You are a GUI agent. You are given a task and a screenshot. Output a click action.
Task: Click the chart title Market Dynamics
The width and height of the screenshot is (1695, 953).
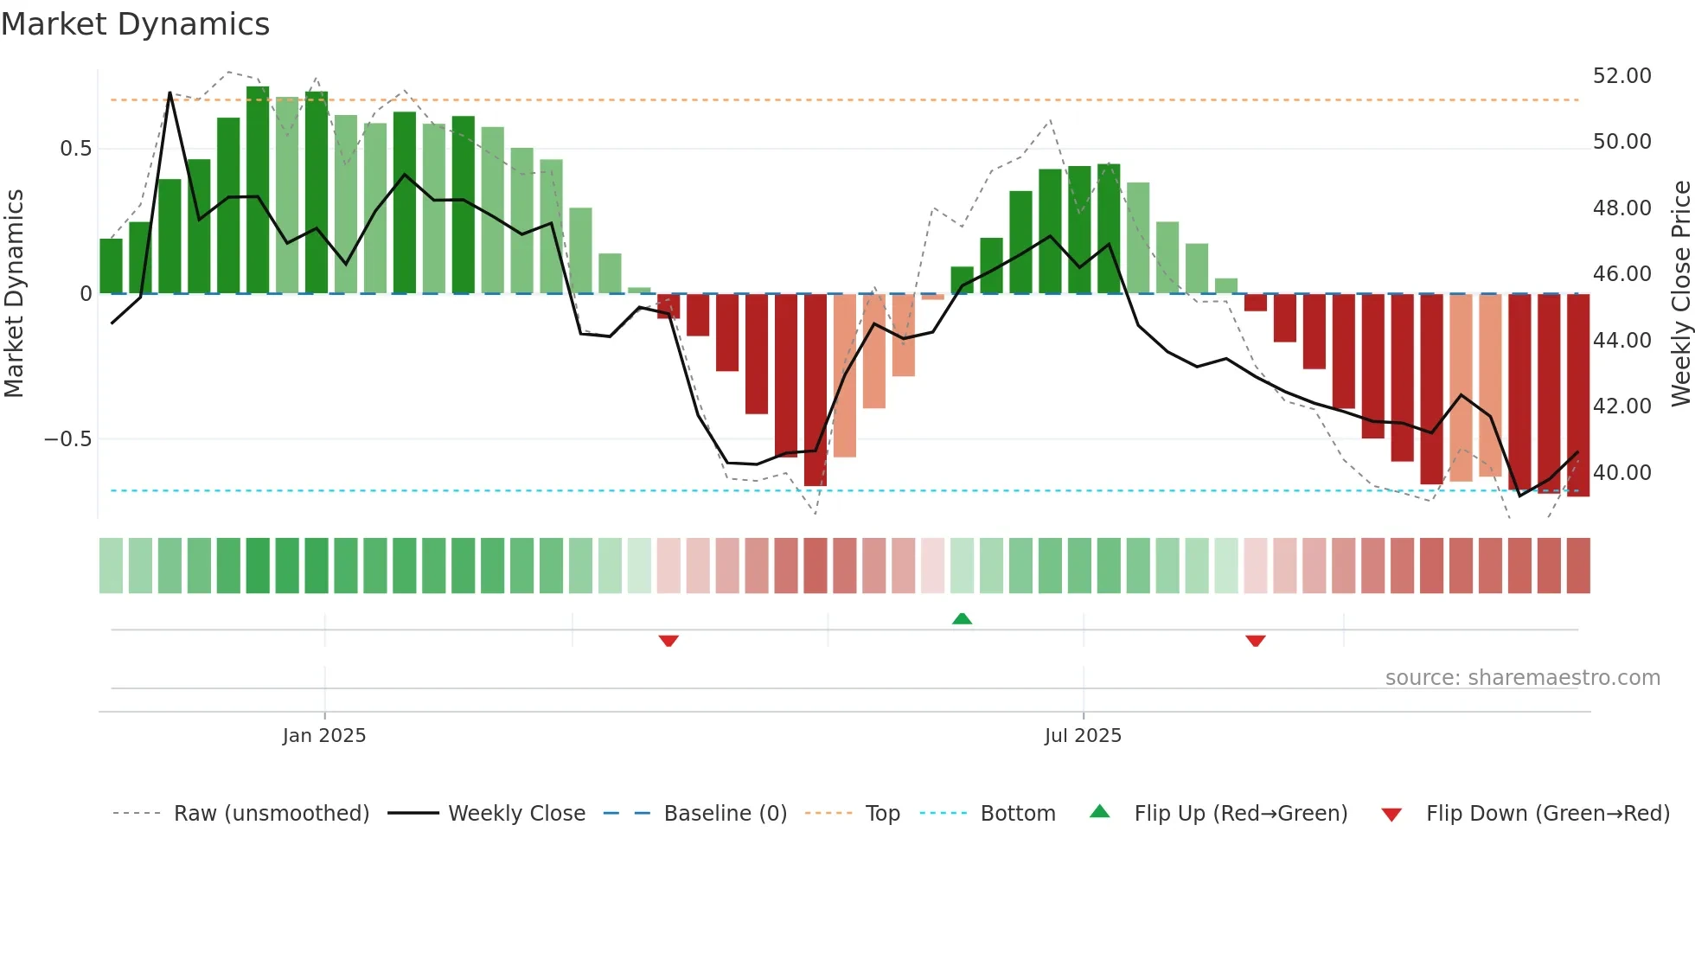pos(136,24)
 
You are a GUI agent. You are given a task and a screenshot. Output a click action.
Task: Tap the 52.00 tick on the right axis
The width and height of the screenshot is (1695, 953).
pos(1621,76)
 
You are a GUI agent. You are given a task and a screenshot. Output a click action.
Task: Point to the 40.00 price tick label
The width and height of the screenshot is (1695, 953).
pos(1621,473)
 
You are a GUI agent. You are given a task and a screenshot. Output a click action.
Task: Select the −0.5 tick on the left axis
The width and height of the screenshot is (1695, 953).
pos(67,439)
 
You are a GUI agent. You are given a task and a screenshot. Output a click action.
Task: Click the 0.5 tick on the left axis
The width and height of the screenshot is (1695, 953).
pos(75,149)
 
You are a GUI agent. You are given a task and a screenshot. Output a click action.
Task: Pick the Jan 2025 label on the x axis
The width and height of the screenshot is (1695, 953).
pos(324,736)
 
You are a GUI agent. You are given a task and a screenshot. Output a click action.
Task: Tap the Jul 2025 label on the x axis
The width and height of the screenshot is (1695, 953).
pos(1083,736)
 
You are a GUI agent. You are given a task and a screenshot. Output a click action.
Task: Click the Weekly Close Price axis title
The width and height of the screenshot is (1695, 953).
pos(1680,294)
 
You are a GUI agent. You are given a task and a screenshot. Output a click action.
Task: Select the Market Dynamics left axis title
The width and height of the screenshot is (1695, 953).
pos(14,294)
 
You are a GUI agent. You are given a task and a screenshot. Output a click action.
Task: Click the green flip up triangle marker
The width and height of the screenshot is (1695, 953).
pos(962,619)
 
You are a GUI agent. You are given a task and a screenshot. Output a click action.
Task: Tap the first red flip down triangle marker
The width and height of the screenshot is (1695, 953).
pos(668,641)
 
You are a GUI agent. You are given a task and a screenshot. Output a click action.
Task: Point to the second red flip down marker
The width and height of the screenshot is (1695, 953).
pos(1256,641)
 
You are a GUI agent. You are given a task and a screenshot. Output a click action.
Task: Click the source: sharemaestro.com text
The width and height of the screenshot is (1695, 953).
pos(1522,678)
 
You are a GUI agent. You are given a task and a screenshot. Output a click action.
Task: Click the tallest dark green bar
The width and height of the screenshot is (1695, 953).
pos(258,190)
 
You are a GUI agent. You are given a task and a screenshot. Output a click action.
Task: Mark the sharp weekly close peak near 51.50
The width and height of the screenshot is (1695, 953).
pos(169,93)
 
